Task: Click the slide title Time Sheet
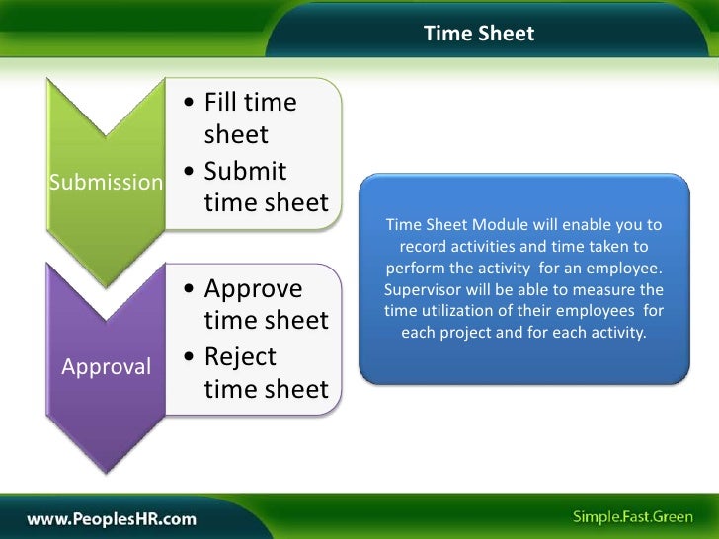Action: (479, 34)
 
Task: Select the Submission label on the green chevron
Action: (106, 183)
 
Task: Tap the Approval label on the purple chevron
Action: (107, 367)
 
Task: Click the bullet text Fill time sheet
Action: (250, 118)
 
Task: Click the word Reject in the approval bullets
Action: (240, 356)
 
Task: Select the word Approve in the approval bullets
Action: (253, 288)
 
